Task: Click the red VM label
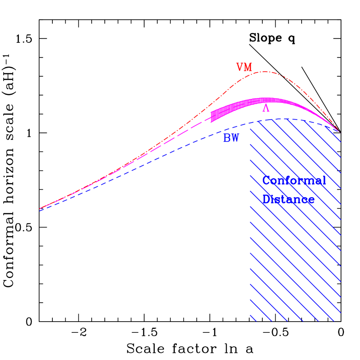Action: click(244, 67)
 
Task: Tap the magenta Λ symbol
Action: click(266, 108)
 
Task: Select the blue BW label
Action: click(231, 138)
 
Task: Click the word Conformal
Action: click(294, 180)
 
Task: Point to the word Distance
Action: click(288, 199)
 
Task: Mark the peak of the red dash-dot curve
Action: click(265, 72)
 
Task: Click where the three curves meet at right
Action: click(339, 131)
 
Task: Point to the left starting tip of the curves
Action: click(40, 209)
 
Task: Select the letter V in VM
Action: click(240, 67)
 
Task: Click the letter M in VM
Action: click(248, 67)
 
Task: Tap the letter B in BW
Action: click(227, 138)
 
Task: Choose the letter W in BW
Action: click(235, 138)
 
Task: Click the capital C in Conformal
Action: click(266, 180)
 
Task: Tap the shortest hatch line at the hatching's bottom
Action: click(253, 318)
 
